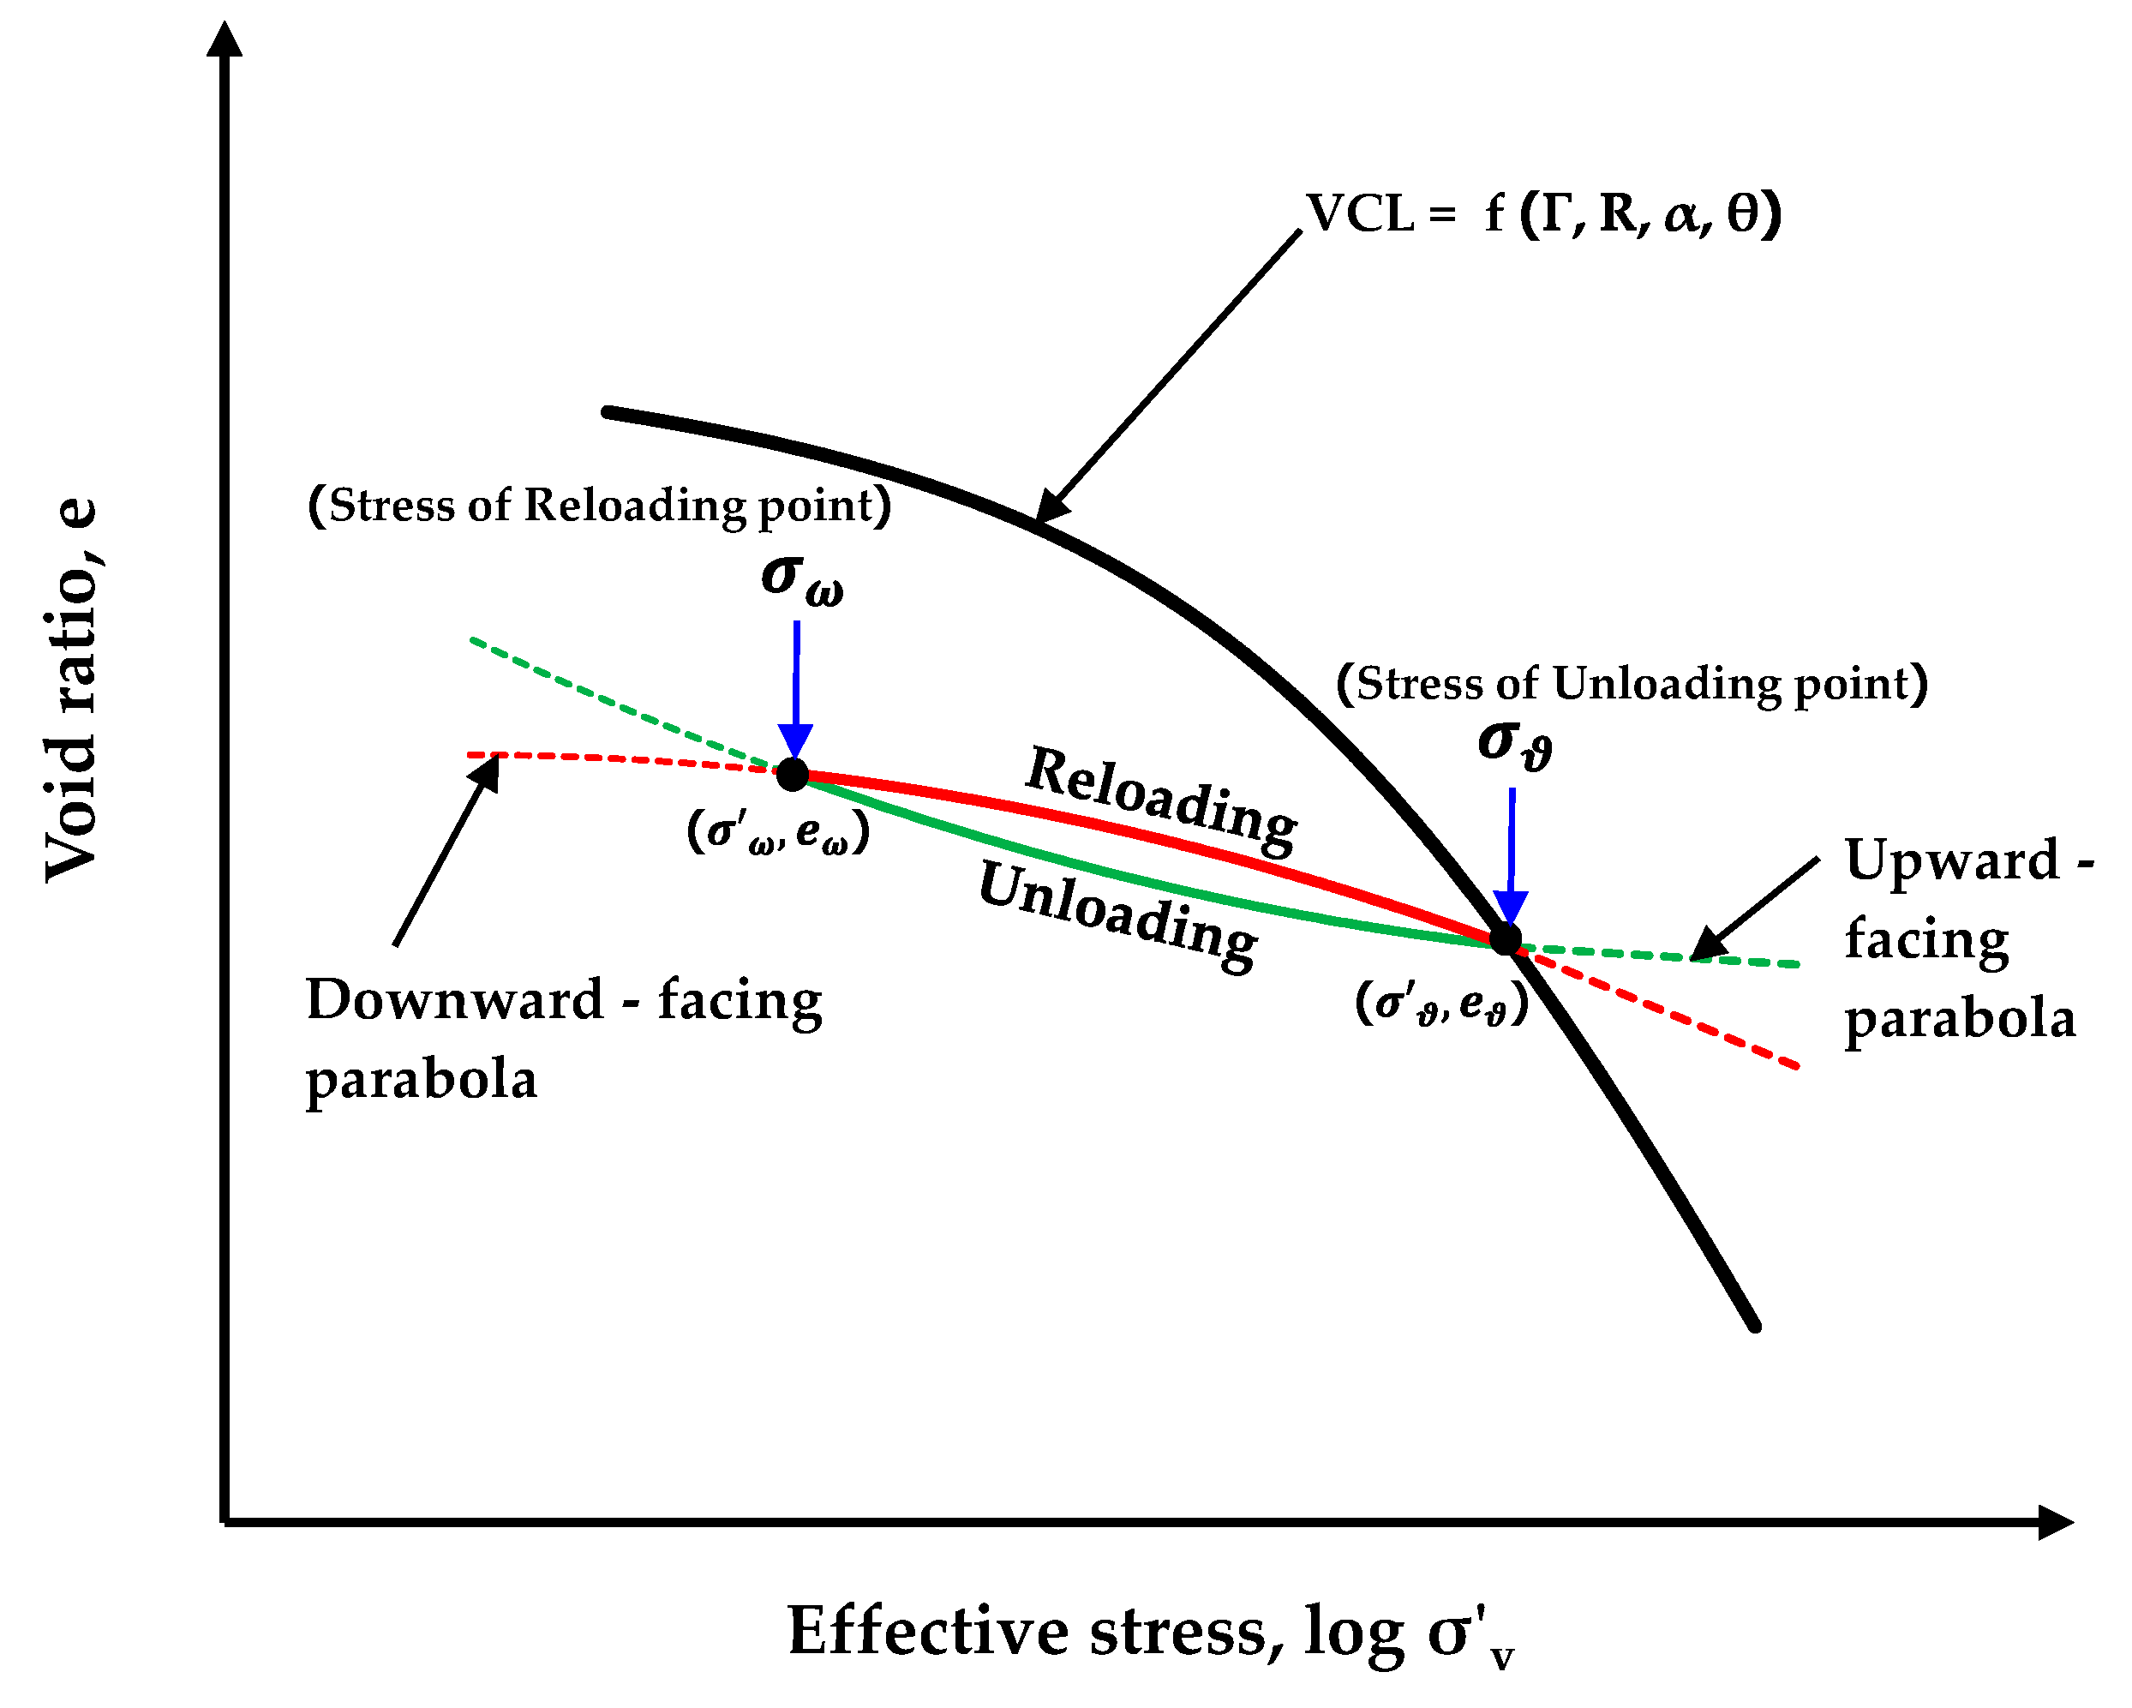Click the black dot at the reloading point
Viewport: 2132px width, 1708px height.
click(x=792, y=776)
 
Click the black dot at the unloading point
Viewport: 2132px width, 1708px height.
click(x=1505, y=938)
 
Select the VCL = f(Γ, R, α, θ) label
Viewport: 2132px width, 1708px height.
click(x=1542, y=213)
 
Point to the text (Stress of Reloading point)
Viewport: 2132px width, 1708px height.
click(x=599, y=506)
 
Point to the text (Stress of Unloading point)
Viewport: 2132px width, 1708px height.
click(x=1632, y=683)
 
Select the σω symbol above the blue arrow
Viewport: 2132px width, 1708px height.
click(x=801, y=578)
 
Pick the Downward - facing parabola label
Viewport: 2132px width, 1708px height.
click(x=564, y=1039)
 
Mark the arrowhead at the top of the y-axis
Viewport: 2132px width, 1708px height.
click(x=225, y=39)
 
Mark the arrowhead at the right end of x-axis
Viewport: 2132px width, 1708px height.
click(x=2055, y=1523)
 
